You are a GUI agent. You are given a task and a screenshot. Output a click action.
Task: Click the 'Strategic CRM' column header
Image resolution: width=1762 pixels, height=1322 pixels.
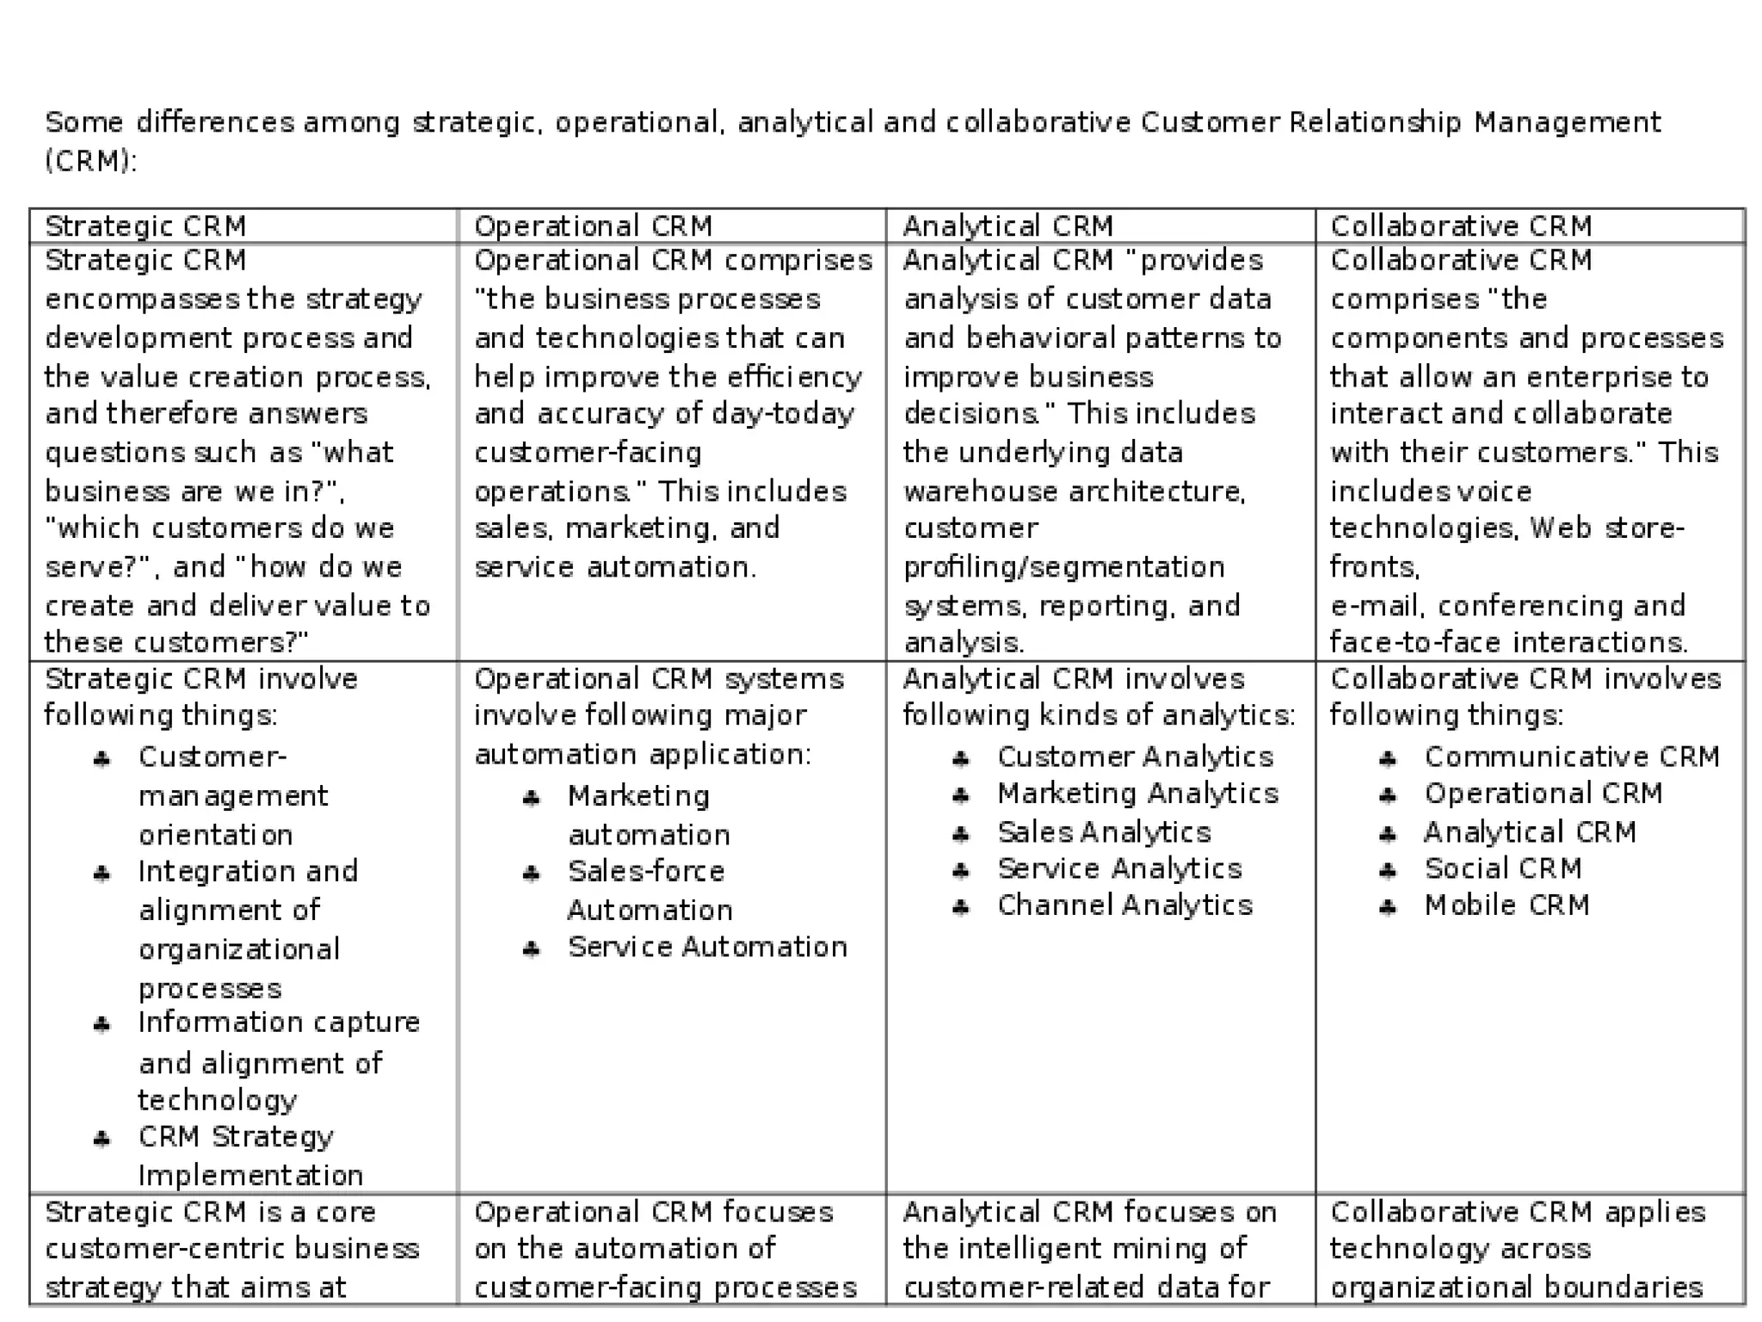point(145,226)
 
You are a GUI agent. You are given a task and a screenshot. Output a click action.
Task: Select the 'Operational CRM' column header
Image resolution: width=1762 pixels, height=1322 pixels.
point(593,226)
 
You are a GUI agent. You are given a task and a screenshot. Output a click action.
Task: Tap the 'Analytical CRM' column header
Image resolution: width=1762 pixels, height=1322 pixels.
point(1007,226)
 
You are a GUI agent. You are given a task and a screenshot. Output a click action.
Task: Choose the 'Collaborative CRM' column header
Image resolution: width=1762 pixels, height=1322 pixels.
point(1461,226)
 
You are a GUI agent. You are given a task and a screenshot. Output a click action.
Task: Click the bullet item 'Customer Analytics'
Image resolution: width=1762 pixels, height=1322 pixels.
point(1135,757)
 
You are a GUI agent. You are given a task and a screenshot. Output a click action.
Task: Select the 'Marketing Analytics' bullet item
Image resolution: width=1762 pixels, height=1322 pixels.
point(1137,794)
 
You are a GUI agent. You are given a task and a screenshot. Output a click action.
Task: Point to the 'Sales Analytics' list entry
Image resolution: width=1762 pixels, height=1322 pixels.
point(1104,832)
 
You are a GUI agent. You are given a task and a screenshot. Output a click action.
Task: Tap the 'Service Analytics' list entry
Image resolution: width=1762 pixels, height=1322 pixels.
point(1119,869)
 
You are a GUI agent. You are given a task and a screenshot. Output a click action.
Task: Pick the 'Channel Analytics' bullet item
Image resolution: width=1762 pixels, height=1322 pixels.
point(1124,905)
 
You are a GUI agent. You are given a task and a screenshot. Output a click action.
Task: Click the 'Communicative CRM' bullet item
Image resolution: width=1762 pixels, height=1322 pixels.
point(1571,757)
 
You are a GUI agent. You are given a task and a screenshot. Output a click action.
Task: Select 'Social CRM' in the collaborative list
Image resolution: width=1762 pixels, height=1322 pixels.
point(1503,869)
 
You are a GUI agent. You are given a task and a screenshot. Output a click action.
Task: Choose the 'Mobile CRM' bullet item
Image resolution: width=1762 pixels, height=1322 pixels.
point(1506,905)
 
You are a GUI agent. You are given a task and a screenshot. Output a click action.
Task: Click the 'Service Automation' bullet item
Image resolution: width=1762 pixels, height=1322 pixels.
point(707,947)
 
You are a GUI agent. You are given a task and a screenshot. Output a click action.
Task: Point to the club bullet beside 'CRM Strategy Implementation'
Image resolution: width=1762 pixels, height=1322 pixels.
point(102,1140)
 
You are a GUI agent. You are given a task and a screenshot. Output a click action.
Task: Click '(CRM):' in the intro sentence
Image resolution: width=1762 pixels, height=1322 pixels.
point(90,161)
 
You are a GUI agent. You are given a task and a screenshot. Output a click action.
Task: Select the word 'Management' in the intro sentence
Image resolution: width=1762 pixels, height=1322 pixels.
point(1567,123)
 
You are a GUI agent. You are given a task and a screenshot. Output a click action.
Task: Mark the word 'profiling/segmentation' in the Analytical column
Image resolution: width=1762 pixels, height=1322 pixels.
point(1063,567)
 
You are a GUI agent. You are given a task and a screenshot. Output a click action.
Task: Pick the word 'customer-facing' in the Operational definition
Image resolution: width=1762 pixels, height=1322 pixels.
point(588,453)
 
